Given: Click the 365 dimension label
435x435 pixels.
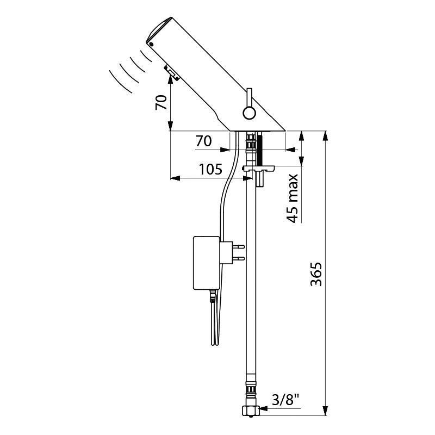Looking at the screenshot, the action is (x=316, y=274).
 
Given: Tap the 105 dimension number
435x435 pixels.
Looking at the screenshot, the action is (x=211, y=169).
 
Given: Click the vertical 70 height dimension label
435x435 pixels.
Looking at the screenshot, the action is (x=161, y=102).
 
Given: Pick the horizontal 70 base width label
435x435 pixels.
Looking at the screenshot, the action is (x=204, y=141).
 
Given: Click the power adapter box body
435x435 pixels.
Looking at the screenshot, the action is (x=207, y=263).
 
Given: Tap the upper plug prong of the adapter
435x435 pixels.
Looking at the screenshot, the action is (x=239, y=246).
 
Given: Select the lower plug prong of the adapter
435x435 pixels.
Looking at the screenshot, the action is (x=239, y=259).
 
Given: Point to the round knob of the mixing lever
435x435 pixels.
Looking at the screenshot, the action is (x=250, y=113).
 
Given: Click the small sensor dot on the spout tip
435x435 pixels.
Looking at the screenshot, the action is (x=151, y=45).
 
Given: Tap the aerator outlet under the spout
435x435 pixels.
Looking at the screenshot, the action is (x=172, y=73).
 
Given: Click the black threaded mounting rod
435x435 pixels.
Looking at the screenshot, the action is (x=260, y=148).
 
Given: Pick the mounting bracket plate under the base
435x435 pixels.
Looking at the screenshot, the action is (x=258, y=168).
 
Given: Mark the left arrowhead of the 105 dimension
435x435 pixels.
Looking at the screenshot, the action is (x=175, y=178).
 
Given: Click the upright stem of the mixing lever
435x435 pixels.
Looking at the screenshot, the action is (x=250, y=98).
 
